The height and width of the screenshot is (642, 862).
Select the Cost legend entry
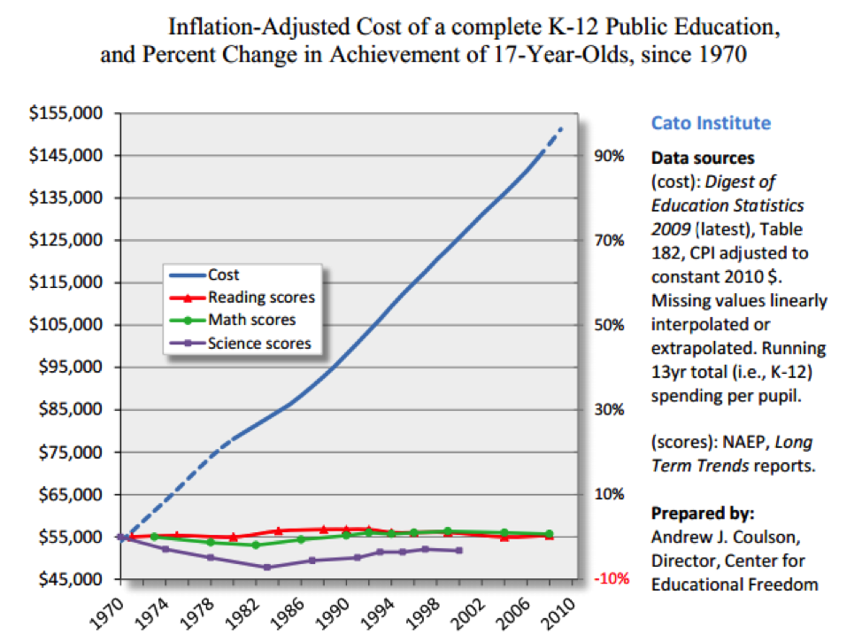coord(223,275)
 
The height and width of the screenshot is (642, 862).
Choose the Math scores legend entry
coord(251,320)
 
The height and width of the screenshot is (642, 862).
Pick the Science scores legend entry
coord(259,343)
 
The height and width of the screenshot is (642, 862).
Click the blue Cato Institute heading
coord(711,124)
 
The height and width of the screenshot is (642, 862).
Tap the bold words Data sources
coord(703,159)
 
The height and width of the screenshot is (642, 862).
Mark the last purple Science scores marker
coord(458,551)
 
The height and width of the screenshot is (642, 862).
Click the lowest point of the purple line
coord(266,567)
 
